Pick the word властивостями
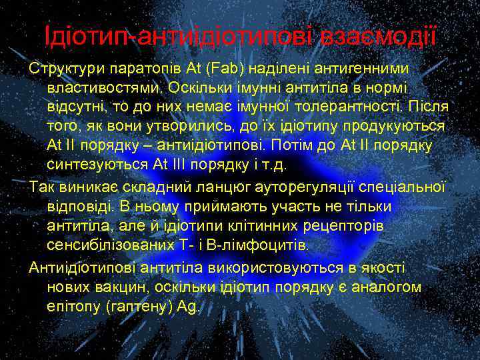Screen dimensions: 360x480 [105, 88]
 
